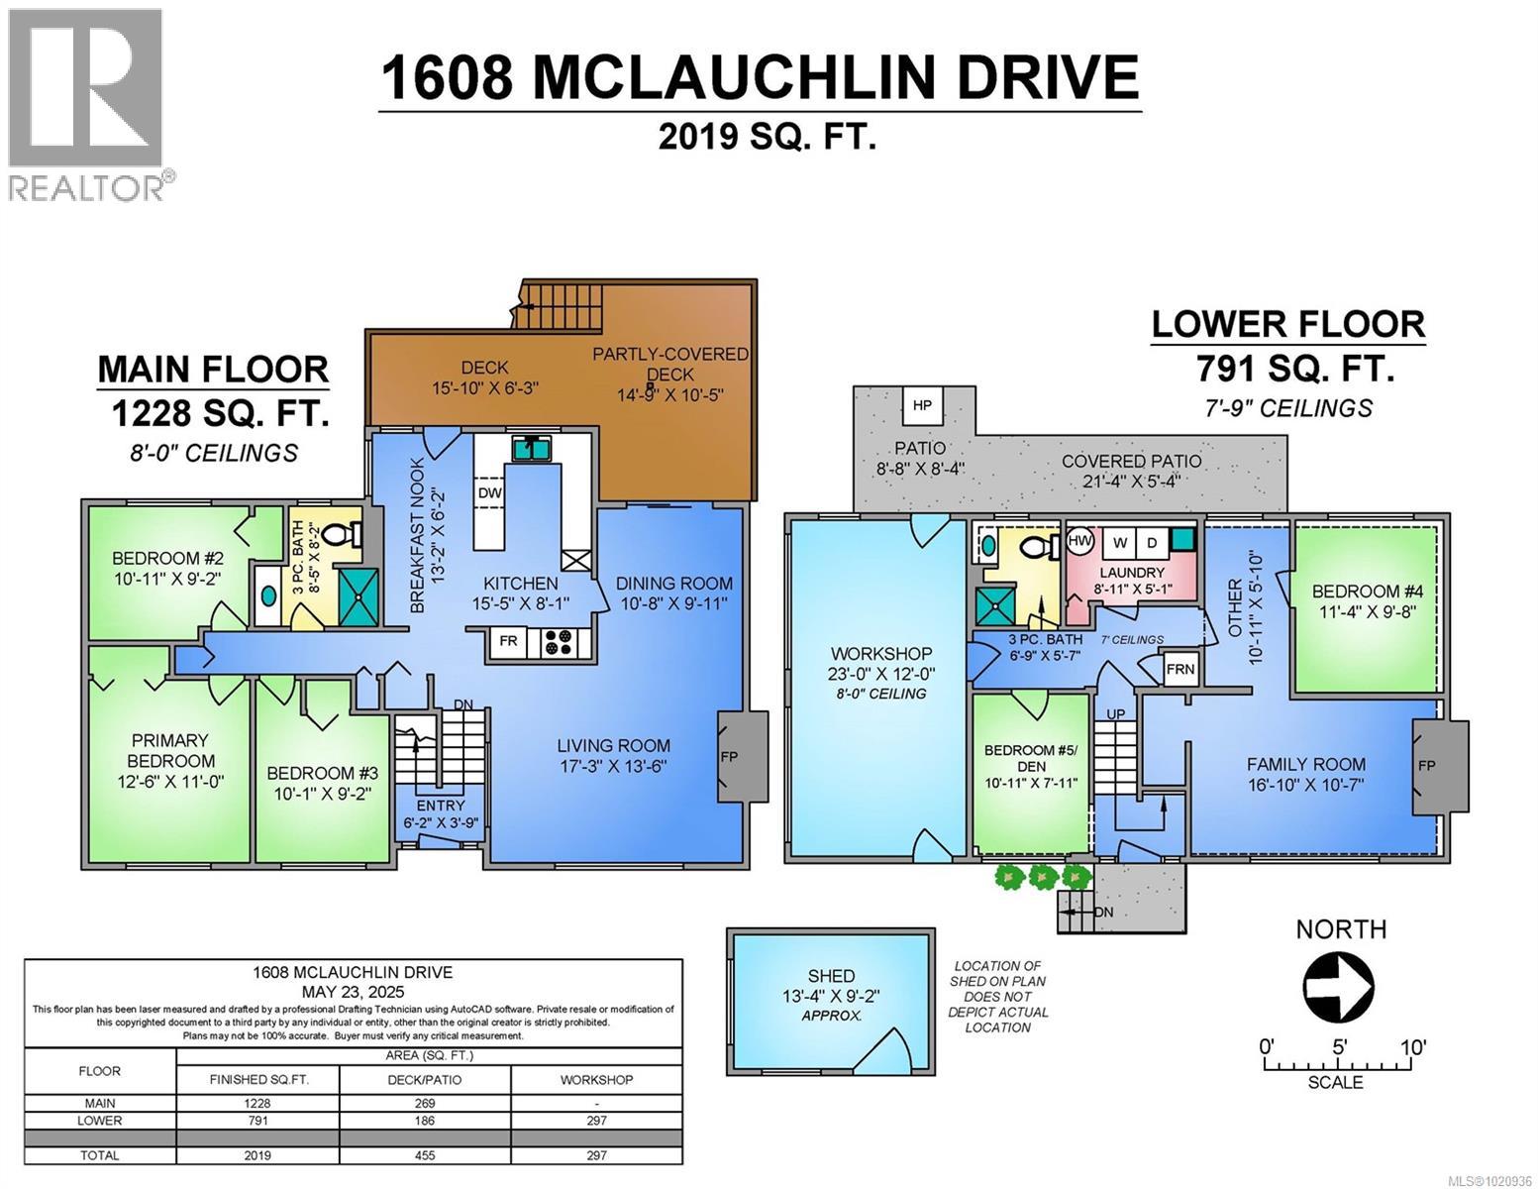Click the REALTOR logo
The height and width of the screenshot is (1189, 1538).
[x=86, y=103]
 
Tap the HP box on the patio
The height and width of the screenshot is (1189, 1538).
[x=921, y=406]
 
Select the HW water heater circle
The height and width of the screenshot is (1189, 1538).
[x=1080, y=541]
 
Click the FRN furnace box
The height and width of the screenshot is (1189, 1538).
[x=1179, y=669]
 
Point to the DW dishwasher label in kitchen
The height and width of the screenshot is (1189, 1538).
[x=489, y=493]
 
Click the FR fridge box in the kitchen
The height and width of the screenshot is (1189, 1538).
[x=508, y=641]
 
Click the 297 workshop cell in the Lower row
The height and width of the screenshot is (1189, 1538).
[x=596, y=1121]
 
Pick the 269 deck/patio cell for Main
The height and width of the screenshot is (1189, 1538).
[x=425, y=1103]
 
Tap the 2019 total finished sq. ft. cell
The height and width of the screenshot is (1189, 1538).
[x=257, y=1155]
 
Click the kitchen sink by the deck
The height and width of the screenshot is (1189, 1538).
[x=533, y=449]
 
